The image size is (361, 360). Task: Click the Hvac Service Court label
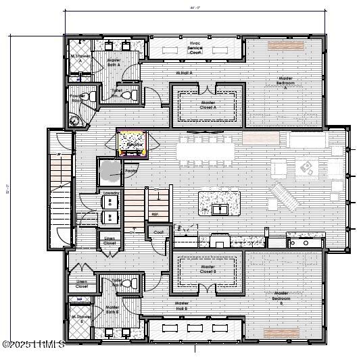pyautogui.click(x=195, y=47)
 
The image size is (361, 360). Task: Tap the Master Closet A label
pyautogui.click(x=208, y=105)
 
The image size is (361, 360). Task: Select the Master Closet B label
pyautogui.click(x=208, y=269)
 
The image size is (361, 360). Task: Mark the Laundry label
pyautogui.click(x=110, y=194)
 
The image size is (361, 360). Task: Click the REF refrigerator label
pyautogui.click(x=154, y=215)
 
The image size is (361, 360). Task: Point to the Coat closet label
pyautogui.click(x=158, y=232)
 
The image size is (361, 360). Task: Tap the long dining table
pyautogui.click(x=206, y=150)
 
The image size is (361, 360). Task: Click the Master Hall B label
pyautogui.click(x=181, y=305)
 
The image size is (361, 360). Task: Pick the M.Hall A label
pyautogui.click(x=185, y=72)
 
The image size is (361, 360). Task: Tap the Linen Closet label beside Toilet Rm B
pyautogui.click(x=82, y=284)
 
